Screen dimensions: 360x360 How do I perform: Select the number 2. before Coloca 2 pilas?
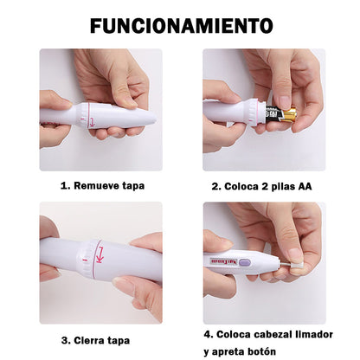(216, 185)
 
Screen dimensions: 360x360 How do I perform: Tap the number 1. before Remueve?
(65, 185)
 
